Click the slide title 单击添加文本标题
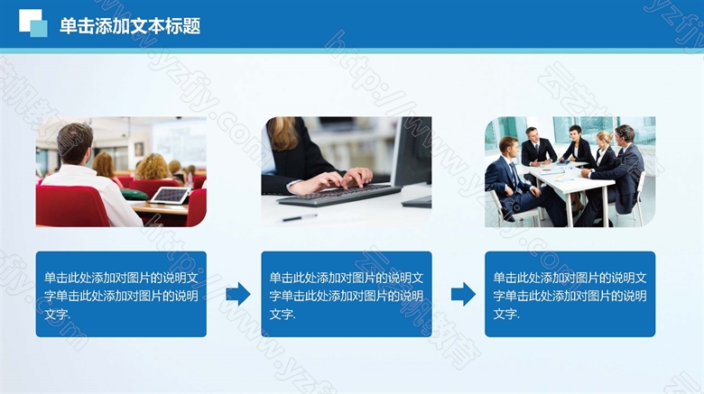click(130, 26)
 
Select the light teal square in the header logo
click(40, 29)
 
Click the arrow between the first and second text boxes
click(238, 294)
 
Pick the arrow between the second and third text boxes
click(463, 294)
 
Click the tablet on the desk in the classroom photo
click(171, 196)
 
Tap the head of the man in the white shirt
click(75, 143)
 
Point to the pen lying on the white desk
click(300, 218)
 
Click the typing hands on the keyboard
click(332, 180)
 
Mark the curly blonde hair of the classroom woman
click(153, 167)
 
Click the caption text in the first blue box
click(121, 296)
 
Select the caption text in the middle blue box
click(347, 296)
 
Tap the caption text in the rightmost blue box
click(570, 296)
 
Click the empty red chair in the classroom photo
click(71, 206)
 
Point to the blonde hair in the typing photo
click(283, 133)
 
